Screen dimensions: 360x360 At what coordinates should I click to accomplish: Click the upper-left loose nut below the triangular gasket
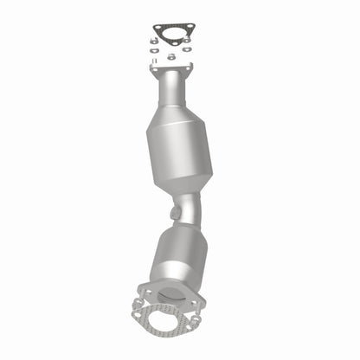[153, 40]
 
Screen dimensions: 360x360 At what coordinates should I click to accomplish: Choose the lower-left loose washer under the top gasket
[152, 51]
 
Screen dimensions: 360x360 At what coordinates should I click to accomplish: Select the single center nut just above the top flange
[171, 57]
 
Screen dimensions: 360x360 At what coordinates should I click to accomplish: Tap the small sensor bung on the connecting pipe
[176, 210]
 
